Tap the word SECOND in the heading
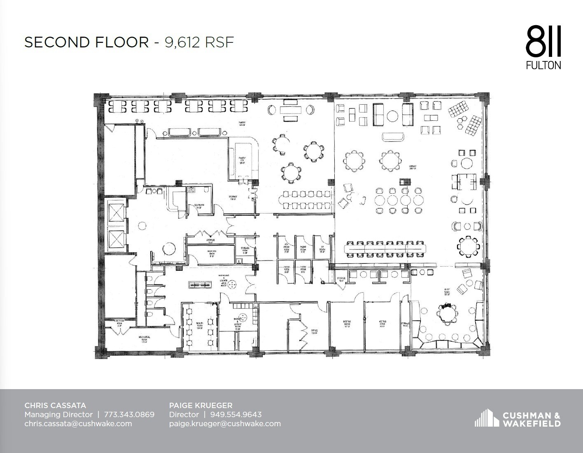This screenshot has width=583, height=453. coord(53,42)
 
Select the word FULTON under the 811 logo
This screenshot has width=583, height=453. coord(543,65)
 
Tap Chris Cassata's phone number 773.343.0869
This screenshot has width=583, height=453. coord(129,414)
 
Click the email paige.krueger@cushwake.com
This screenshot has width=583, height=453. coord(225,423)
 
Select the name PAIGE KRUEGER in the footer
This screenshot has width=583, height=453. coord(201,405)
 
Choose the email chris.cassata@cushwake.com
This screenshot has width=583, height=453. coord(78,423)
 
